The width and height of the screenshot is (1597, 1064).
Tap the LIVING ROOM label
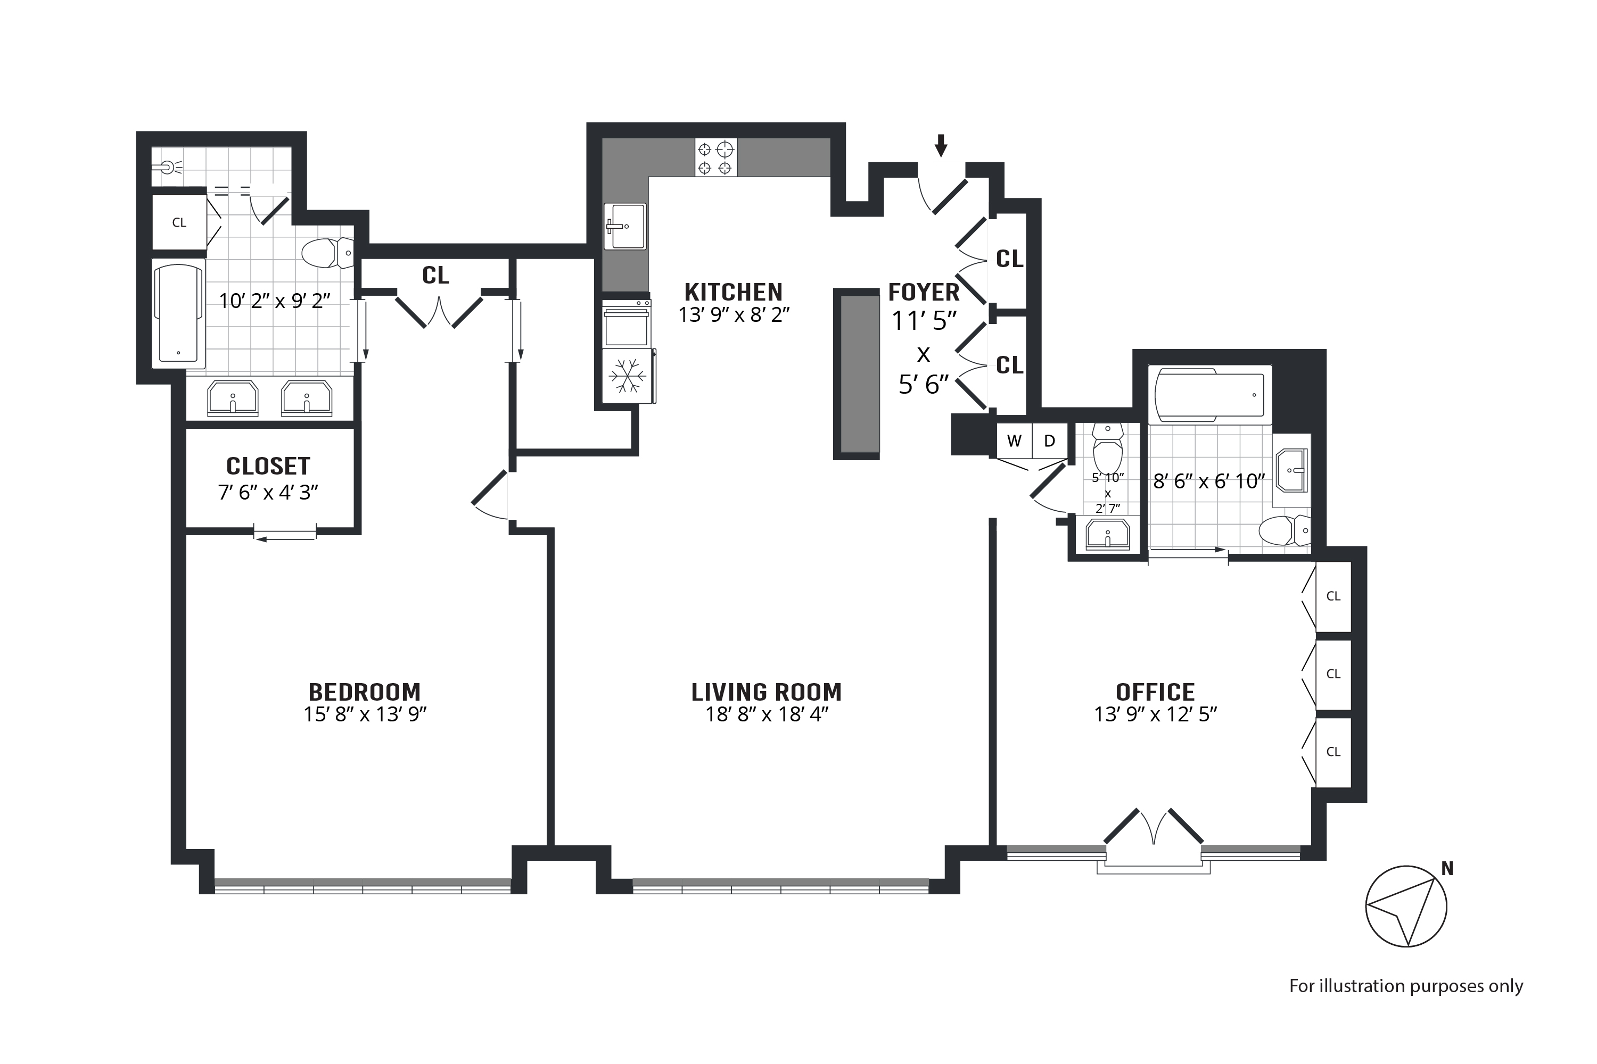tap(767, 692)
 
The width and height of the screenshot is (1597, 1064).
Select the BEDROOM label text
tap(365, 692)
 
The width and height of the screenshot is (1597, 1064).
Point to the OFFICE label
tap(1155, 692)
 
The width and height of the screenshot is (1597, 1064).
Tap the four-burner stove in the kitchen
tap(715, 157)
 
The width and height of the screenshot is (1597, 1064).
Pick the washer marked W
tap(1015, 441)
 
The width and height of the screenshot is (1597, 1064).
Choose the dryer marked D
tap(1050, 441)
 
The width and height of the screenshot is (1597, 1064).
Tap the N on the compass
tap(1447, 869)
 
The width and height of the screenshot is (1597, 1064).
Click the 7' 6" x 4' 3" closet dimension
tap(268, 492)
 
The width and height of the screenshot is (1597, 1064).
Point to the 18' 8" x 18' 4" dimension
tap(767, 714)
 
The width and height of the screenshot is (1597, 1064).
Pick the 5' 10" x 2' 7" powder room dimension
tap(1107, 493)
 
